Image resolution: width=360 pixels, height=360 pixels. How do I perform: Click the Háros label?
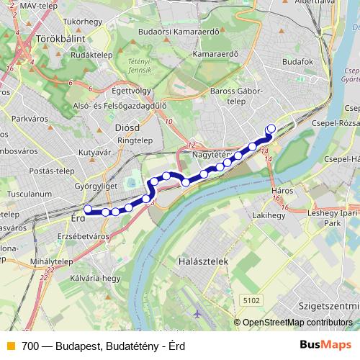(x=282, y=191)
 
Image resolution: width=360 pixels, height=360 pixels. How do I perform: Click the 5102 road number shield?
(x=251, y=300)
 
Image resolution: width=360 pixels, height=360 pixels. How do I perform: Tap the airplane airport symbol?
(x=198, y=314)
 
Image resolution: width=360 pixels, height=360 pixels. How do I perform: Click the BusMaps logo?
(x=325, y=346)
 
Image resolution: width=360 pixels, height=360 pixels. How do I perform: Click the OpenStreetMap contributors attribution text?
(x=297, y=323)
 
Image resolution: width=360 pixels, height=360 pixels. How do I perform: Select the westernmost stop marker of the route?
(x=88, y=210)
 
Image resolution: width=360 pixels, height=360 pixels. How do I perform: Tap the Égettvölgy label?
(x=131, y=91)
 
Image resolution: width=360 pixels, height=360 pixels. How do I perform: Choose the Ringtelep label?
(x=134, y=141)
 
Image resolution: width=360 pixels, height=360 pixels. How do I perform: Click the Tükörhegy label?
(x=81, y=22)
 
